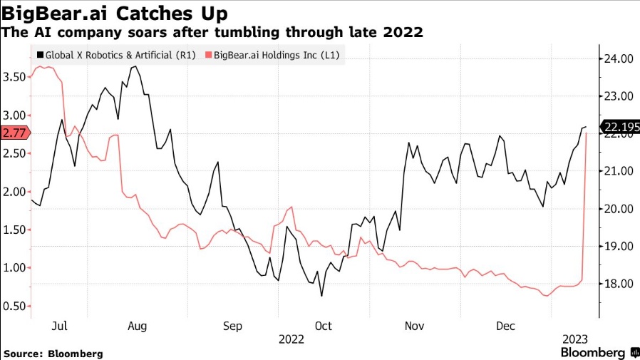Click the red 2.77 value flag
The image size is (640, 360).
[14, 133]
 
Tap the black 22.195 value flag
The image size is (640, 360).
[619, 128]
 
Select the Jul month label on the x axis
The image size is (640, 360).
[60, 326]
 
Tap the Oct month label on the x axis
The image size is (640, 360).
[324, 326]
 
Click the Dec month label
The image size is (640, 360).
[505, 326]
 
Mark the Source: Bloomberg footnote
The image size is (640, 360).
[53, 354]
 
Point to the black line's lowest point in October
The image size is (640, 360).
[321, 296]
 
